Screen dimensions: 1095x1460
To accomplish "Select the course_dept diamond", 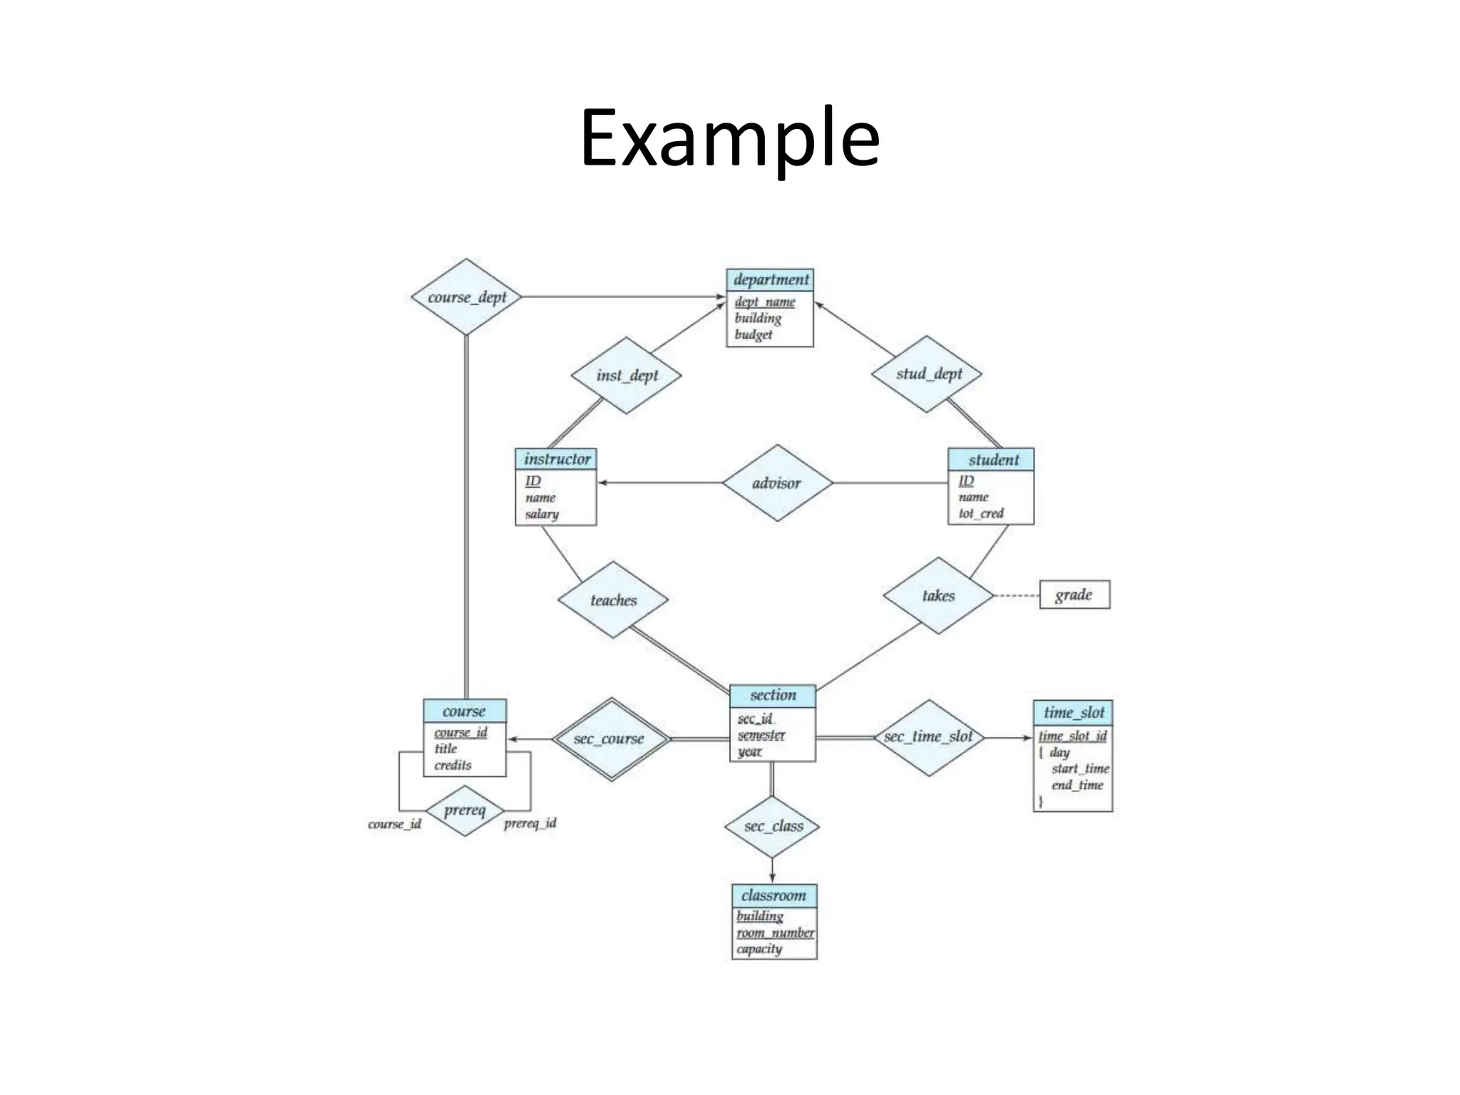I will [467, 297].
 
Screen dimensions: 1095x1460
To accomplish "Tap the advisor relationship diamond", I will [776, 483].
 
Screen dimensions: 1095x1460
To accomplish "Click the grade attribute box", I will [1074, 595].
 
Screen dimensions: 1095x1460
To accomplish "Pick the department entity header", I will [770, 279].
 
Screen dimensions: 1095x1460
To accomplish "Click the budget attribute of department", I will [754, 334].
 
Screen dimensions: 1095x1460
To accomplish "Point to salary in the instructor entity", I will [542, 514].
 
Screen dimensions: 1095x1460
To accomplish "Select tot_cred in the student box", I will [981, 513].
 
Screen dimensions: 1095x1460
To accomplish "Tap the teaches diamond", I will [613, 600].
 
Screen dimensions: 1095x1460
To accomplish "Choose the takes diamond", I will [938, 596].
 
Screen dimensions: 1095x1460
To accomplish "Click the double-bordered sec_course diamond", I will [610, 739].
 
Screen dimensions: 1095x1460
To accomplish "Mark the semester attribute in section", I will [761, 735].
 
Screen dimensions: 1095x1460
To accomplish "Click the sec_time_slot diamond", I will [928, 737].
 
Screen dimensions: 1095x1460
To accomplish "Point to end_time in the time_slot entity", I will [1077, 785].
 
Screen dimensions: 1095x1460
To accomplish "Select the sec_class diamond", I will [773, 826].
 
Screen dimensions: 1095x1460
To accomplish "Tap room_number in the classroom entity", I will [775, 932].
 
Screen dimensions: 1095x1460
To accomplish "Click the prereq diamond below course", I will [465, 811].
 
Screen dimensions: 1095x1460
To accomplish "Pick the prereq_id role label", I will [530, 823].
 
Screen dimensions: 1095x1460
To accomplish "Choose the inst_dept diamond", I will [627, 376].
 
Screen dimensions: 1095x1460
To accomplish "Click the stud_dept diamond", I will [928, 374].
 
